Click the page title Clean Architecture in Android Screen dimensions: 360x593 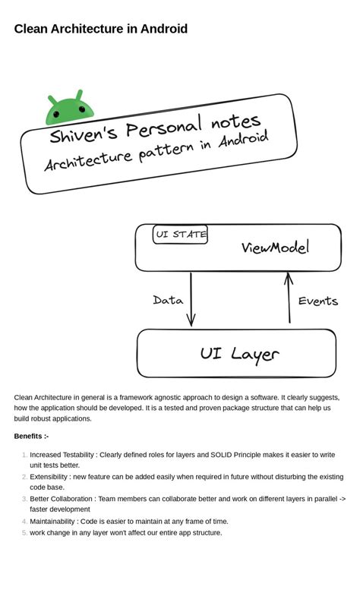coord(100,29)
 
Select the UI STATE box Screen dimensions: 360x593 coord(181,235)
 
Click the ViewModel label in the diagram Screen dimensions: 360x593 coord(275,248)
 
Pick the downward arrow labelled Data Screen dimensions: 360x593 coord(191,299)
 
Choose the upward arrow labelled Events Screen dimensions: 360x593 coord(289,298)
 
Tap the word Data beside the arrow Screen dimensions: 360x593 coord(168,301)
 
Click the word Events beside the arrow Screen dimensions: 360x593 coord(317,301)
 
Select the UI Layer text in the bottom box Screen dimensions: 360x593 coord(239,354)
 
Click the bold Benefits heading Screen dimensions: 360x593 coord(31,436)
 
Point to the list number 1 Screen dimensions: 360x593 coord(24,455)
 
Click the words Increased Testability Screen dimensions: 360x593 coord(62,455)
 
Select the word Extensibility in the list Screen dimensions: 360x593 coord(49,477)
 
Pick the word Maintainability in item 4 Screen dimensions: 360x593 coord(52,521)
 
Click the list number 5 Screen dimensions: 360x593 coord(24,532)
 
